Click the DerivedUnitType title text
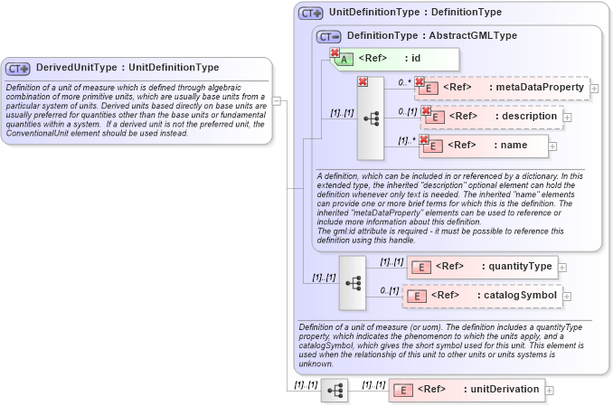click(127, 68)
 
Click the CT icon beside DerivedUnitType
click(18, 68)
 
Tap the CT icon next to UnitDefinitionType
click(311, 14)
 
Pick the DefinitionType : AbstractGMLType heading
click(431, 35)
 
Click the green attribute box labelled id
click(399, 60)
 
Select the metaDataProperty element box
click(502, 88)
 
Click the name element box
click(485, 145)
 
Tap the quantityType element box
click(483, 266)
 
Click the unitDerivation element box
click(466, 390)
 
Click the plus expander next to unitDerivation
click(549, 391)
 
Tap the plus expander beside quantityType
click(562, 267)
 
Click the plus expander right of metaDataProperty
click(594, 89)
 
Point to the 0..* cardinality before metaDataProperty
click(404, 81)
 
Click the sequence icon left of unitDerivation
click(335, 391)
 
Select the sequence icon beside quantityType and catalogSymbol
click(353, 282)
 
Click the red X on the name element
click(423, 138)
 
